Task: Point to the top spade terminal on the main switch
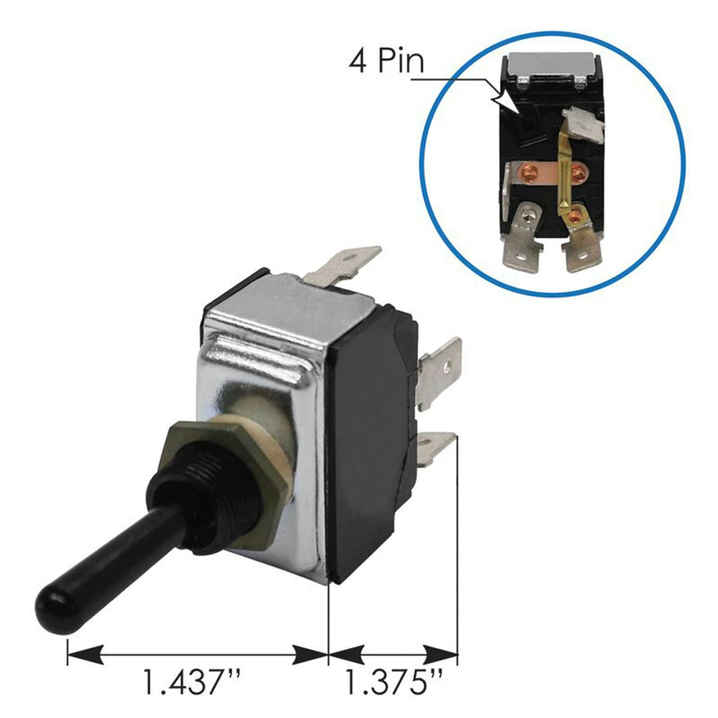pos(343,266)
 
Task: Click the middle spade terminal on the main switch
pos(440,373)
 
